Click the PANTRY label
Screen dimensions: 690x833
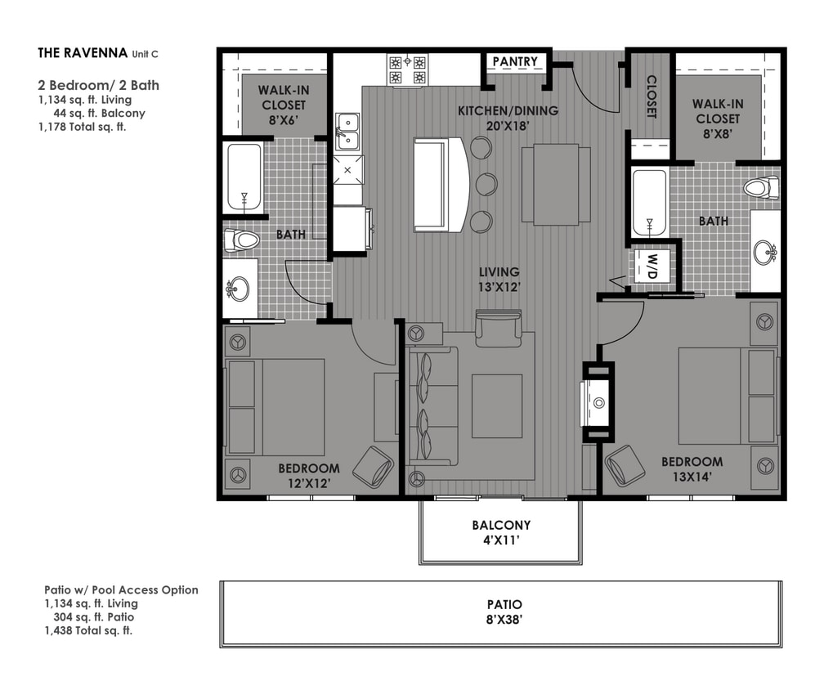pos(515,62)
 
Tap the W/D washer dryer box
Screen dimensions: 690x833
pos(653,265)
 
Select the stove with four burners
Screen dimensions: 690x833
pos(407,70)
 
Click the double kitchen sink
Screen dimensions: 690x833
pos(347,131)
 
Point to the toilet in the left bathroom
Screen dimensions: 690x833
pos(242,240)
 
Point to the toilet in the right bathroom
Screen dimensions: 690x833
pos(761,188)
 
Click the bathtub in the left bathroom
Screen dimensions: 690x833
pos(244,177)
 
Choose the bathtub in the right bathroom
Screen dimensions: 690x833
pos(650,203)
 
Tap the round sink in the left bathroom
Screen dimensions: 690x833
pos(239,289)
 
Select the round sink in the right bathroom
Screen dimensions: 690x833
pos(766,252)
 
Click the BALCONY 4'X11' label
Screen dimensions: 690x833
pos(500,532)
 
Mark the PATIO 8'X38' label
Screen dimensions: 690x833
pos(500,612)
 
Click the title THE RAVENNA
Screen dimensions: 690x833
pos(83,53)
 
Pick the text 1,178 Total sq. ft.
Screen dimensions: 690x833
pos(82,127)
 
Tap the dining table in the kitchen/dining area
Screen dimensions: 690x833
pos(556,184)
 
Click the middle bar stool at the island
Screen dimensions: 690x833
pos(486,184)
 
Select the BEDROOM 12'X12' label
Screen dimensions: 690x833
pos(308,475)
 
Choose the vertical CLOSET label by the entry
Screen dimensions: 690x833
pos(652,96)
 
